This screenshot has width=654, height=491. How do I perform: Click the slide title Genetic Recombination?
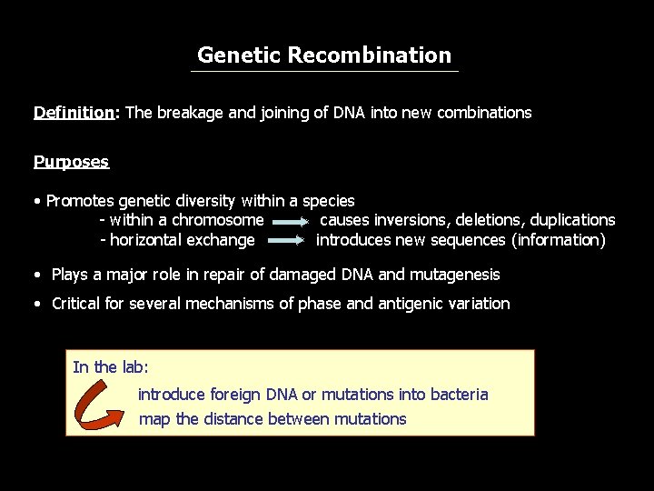[x=324, y=55]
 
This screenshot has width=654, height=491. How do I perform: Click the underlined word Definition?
[x=74, y=113]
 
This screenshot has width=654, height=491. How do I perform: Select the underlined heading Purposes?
[x=71, y=162]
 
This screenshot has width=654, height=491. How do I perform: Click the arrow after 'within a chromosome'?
[x=290, y=221]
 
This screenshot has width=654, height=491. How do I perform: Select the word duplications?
[x=572, y=220]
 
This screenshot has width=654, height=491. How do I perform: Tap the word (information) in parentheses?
[x=559, y=240]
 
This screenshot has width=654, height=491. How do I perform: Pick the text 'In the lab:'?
[x=111, y=367]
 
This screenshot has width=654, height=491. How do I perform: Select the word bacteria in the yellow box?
[x=457, y=395]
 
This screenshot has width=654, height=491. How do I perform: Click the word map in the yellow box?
[x=154, y=419]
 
